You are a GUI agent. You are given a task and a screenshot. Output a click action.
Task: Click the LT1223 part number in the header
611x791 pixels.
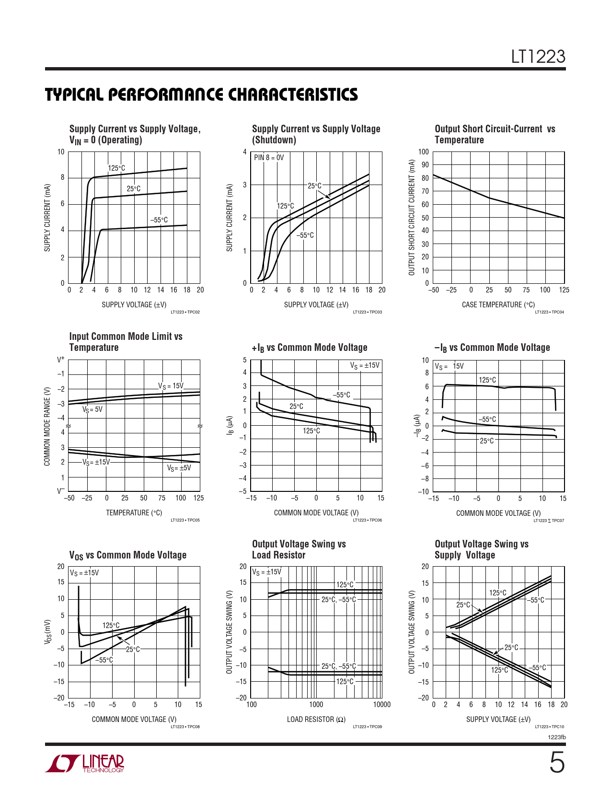[x=538, y=57]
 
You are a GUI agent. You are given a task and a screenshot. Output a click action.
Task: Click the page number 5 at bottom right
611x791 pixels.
[x=556, y=763]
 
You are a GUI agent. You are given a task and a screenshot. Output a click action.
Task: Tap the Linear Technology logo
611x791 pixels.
[x=85, y=763]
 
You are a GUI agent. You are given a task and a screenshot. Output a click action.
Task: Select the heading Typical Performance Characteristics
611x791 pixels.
[x=201, y=94]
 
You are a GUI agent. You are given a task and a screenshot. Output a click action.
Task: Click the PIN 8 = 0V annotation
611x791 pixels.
[x=269, y=158]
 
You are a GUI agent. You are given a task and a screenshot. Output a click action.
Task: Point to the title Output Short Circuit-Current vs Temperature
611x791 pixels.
[x=495, y=134]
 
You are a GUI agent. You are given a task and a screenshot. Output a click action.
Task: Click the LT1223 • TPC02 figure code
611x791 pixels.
[x=185, y=312]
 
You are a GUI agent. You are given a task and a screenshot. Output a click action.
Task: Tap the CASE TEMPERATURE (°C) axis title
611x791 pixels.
[x=498, y=305]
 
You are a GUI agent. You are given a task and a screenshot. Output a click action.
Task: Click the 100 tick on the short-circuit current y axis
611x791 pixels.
[x=424, y=152]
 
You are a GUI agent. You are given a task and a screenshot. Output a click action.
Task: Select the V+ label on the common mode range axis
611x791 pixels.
[x=60, y=359]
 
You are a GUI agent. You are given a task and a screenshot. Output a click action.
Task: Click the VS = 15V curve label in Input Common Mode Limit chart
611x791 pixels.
[x=171, y=386]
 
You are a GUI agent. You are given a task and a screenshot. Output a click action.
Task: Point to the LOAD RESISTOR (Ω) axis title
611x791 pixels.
[x=316, y=719]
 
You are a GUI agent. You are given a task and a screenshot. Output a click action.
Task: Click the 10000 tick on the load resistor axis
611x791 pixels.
[x=381, y=705]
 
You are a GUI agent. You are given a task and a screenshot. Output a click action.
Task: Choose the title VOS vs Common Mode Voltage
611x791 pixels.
[x=127, y=555]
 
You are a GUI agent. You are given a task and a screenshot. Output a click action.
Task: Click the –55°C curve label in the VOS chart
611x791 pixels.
[x=104, y=660]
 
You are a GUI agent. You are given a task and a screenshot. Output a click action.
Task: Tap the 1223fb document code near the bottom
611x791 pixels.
[x=556, y=737]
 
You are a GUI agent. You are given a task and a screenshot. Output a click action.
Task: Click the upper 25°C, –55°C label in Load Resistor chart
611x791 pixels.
[x=338, y=600]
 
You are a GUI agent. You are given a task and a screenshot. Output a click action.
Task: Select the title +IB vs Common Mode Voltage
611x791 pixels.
[x=310, y=348]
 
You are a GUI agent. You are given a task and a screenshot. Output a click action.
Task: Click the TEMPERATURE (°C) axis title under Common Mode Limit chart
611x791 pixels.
[x=134, y=513]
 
